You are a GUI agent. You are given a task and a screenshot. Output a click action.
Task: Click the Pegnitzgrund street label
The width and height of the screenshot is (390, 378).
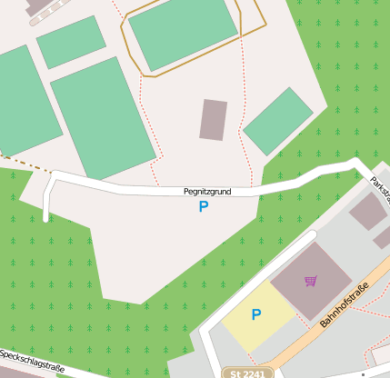coord(206,192)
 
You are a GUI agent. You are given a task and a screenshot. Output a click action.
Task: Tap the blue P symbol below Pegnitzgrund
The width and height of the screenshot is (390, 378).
coord(204,207)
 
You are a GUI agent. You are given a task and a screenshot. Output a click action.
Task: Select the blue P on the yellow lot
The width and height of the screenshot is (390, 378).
coord(256,315)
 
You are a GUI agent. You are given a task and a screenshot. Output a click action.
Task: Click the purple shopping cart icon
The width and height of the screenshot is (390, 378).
coord(311,281)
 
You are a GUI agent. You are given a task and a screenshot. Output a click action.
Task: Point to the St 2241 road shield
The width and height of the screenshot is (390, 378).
coord(247,373)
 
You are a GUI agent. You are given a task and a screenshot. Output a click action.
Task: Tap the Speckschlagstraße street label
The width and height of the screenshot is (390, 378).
coord(31,362)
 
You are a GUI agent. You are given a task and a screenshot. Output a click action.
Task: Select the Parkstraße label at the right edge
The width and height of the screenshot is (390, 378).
coord(380,188)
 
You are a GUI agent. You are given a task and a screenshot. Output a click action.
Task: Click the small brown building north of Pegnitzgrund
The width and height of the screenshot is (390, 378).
coord(213,119)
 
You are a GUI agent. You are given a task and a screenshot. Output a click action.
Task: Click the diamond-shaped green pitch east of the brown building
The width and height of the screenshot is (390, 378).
coord(278,121)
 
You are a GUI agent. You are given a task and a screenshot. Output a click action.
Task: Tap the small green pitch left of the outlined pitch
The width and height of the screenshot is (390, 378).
coord(71,42)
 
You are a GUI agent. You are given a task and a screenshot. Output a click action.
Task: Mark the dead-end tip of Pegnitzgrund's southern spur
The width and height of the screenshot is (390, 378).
coord(45,218)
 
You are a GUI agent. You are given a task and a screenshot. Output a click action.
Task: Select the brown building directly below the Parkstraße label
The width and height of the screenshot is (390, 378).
coord(367,212)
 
